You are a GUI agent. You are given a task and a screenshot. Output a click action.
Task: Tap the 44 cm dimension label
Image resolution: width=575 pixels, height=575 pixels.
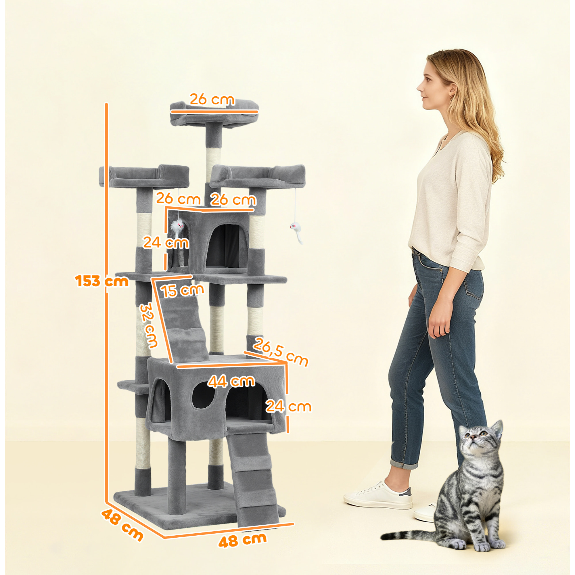coord(231,381)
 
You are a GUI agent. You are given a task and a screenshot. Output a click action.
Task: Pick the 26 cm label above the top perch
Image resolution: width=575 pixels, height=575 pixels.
coord(212,99)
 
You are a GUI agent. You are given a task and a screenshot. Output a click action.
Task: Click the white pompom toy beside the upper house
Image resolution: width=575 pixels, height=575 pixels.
coord(178,227)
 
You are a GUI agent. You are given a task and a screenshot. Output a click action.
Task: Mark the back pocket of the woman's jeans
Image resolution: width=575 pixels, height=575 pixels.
coord(472,285)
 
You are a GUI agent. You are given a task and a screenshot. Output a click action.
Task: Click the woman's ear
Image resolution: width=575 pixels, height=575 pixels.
coord(453,89)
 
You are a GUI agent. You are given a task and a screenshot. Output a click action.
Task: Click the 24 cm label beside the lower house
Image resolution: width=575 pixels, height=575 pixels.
coord(288,406)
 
